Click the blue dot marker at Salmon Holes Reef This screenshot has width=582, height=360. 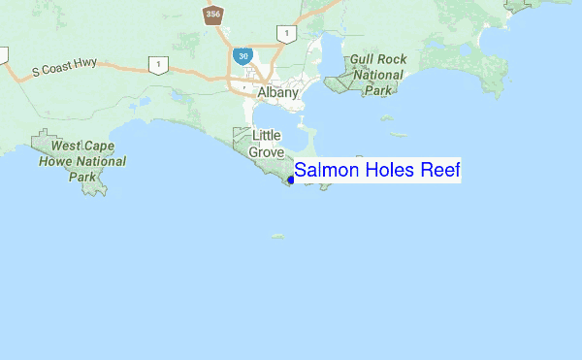click(x=291, y=179)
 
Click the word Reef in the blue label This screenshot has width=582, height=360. click(x=440, y=171)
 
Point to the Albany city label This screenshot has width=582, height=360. click(x=278, y=93)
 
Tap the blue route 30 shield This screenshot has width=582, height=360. click(x=242, y=57)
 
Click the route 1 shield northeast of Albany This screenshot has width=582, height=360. click(x=286, y=35)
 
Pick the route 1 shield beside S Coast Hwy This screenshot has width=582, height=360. click(x=155, y=64)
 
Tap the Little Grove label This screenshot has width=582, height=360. click(x=267, y=144)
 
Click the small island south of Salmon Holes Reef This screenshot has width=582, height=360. click(x=278, y=236)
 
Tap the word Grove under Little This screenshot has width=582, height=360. click(x=267, y=152)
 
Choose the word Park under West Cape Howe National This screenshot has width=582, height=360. click(x=82, y=177)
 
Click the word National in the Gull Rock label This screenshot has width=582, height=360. click(x=378, y=75)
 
